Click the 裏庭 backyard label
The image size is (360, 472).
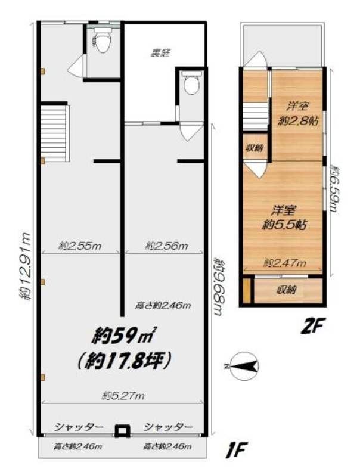(160, 53)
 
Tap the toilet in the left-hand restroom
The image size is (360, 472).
(103, 41)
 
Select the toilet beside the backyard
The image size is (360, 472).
(191, 82)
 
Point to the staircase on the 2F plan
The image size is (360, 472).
(256, 114)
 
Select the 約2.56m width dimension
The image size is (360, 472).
(166, 246)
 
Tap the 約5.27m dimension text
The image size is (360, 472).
(123, 396)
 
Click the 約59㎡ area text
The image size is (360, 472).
(123, 336)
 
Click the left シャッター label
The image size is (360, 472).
(79, 427)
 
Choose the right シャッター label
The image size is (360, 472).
(168, 427)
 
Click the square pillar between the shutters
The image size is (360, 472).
(122, 430)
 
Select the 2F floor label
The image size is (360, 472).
(313, 327)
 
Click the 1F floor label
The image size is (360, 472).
(237, 449)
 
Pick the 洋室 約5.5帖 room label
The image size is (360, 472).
(284, 218)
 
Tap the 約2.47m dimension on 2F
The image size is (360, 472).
(285, 263)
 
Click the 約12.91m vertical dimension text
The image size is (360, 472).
(25, 266)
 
